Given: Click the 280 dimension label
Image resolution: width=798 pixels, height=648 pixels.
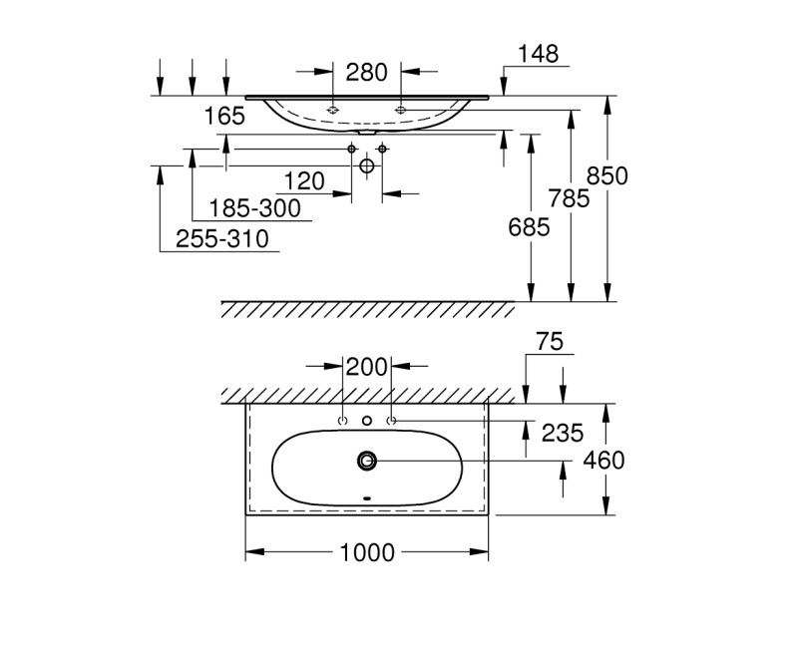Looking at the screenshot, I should point(366,72).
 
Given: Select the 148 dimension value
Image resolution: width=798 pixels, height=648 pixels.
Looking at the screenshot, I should point(539,54).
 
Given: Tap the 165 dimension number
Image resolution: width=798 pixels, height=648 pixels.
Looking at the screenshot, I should point(224,116).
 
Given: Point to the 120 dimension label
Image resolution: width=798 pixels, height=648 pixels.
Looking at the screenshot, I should point(305,180).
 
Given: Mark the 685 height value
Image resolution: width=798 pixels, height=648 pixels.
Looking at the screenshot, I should point(530,227).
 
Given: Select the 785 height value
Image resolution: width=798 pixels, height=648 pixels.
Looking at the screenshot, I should point(570,198).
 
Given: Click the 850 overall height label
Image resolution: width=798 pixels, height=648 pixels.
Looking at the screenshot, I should point(607,175).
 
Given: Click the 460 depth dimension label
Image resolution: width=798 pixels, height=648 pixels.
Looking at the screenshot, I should point(603,460).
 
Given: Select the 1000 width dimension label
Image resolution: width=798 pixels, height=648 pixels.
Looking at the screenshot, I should point(366,551).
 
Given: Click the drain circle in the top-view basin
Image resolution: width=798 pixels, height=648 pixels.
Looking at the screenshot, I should point(367,460).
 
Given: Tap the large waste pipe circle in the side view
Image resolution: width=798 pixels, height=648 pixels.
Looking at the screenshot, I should point(366,166).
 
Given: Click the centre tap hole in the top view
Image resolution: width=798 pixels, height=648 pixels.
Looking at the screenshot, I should point(367,421).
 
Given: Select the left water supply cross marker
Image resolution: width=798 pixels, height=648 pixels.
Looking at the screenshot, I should point(351,149).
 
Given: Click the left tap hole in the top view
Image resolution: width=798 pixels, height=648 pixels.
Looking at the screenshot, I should point(343,421).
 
